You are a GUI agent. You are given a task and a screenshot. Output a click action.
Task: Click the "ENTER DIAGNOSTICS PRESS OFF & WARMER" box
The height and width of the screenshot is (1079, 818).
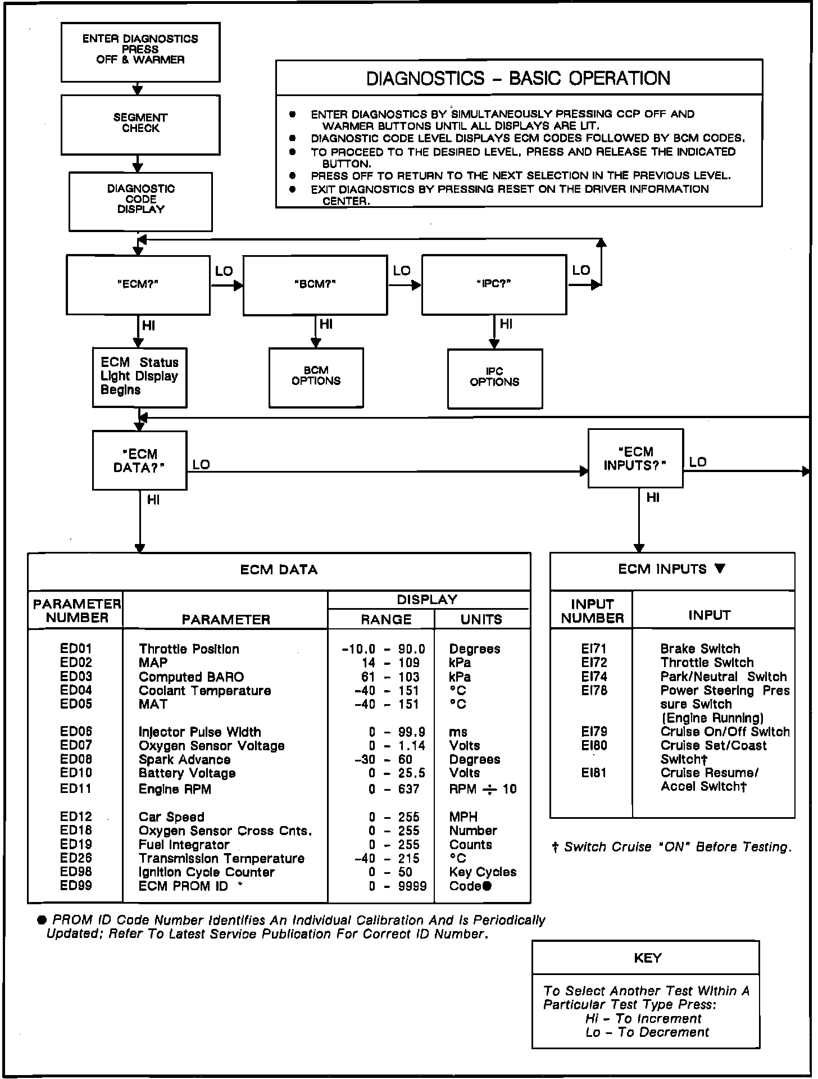point(140,52)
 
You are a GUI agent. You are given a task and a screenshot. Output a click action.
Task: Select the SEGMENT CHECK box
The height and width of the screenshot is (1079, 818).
point(140,124)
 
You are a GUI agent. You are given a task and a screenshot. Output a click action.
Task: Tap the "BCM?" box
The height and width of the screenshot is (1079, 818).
point(315,284)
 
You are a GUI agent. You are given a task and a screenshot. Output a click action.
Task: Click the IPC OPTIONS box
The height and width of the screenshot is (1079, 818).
point(494,378)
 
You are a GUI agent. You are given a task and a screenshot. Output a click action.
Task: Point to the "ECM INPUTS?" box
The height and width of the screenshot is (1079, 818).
point(635,459)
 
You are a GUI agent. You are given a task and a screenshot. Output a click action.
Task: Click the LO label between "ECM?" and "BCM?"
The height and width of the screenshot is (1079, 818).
point(224,271)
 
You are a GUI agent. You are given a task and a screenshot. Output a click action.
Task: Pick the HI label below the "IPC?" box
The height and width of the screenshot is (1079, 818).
point(506,324)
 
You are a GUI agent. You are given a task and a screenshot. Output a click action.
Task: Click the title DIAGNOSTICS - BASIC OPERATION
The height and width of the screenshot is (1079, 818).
point(518,78)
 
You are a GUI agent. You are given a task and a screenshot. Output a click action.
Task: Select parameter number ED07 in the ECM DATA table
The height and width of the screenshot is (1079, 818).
point(76,745)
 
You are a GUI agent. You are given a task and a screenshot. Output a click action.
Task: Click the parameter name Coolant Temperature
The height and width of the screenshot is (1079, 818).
point(204,691)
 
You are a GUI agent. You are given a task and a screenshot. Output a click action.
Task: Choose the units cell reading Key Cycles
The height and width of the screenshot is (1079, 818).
point(483,872)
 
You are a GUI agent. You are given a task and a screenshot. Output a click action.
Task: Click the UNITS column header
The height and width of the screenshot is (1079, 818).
point(481,619)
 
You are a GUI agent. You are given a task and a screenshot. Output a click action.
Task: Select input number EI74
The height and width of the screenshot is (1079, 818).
point(594,677)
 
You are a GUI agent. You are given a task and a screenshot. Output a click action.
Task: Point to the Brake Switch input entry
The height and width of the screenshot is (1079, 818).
point(700,649)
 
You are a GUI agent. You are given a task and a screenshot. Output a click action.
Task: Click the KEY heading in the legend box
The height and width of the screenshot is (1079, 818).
point(647,958)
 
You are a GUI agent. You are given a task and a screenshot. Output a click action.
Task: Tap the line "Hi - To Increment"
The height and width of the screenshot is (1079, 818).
point(643,1019)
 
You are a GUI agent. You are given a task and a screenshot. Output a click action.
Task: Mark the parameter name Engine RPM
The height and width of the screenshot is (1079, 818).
point(175,790)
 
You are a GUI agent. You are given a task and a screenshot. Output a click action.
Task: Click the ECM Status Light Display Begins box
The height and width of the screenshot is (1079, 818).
point(139,377)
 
